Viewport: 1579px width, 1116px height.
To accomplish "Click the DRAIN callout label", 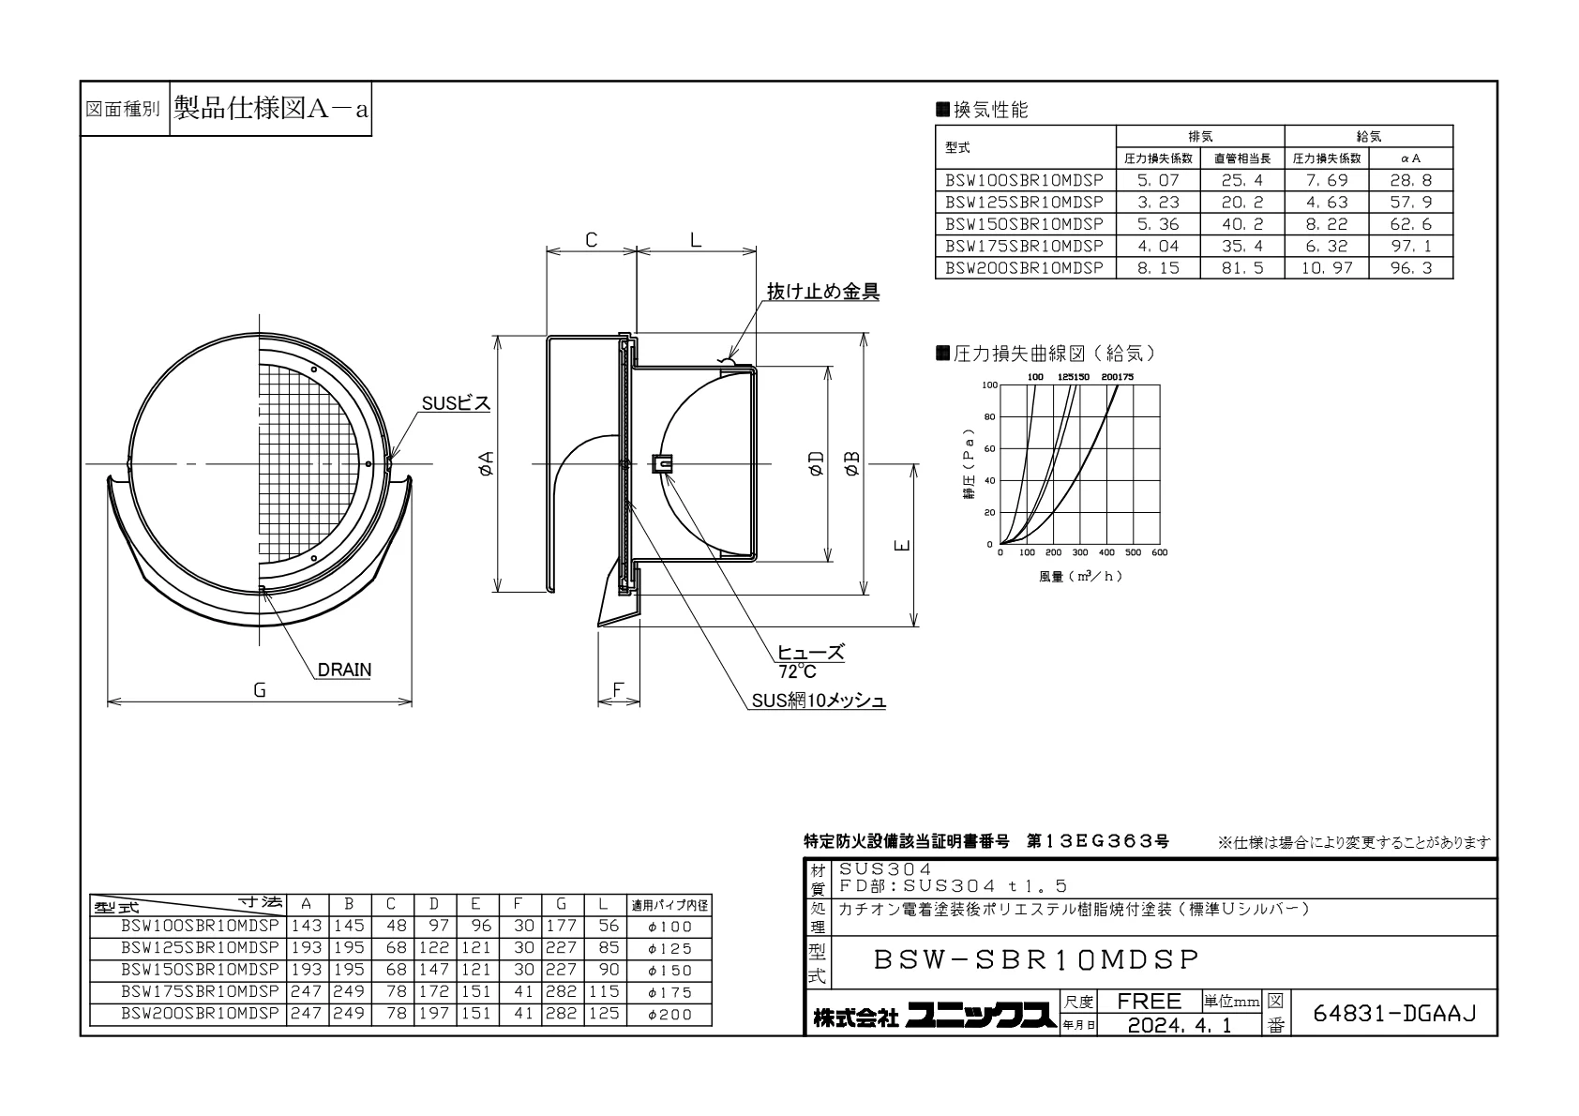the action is click(344, 669).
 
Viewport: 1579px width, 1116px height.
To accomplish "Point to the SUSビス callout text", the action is click(456, 403).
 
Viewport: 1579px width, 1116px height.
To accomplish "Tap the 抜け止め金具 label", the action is click(822, 291).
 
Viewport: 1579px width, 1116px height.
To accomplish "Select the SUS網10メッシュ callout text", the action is click(818, 700).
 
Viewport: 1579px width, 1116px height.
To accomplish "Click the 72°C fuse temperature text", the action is click(797, 671).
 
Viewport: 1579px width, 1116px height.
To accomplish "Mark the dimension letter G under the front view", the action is click(260, 690).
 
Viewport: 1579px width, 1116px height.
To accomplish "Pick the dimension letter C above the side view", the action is click(591, 240).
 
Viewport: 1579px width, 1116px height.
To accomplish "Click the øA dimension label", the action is click(486, 464).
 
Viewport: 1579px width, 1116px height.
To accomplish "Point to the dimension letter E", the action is click(902, 545).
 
